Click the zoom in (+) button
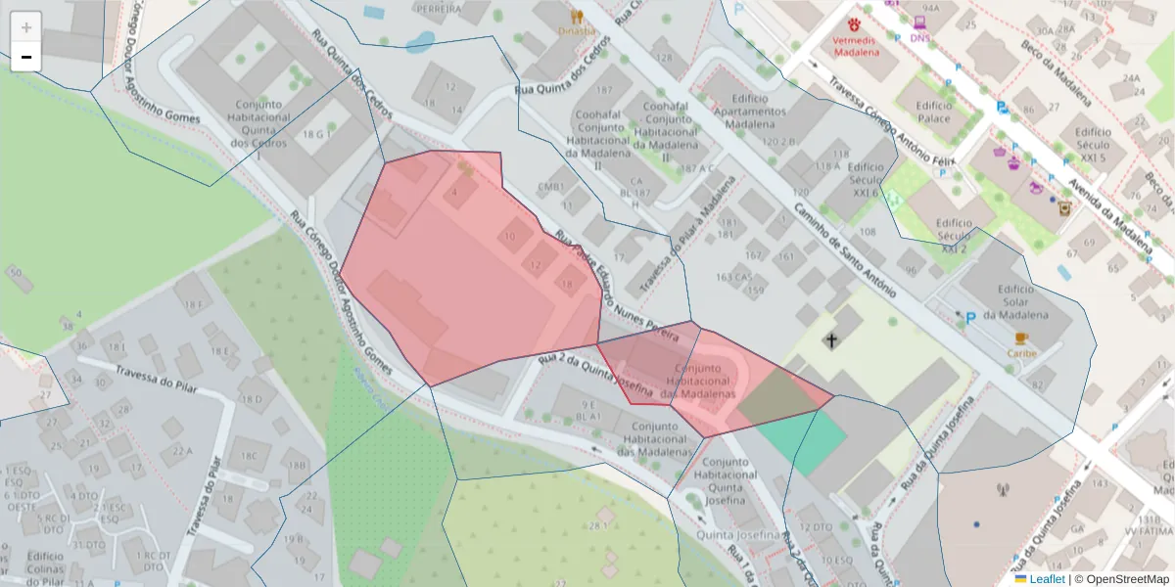pyautogui.click(x=26, y=27)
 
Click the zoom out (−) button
pyautogui.click(x=26, y=58)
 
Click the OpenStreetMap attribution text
pyautogui.click(x=1125, y=578)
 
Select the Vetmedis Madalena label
pyautogui.click(x=856, y=46)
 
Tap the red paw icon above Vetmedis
pyautogui.click(x=855, y=23)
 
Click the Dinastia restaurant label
pyautogui.click(x=576, y=30)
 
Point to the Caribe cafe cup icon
pyautogui.click(x=1022, y=338)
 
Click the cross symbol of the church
pyautogui.click(x=831, y=340)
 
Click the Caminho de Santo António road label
pyautogui.click(x=844, y=249)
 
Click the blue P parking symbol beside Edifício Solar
pyautogui.click(x=970, y=317)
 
